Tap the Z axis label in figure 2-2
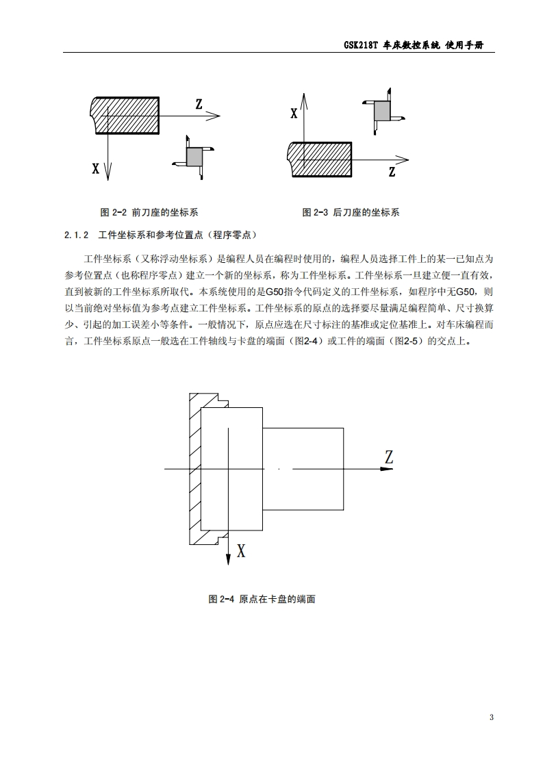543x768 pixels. [199, 104]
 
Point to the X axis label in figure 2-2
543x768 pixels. [96, 168]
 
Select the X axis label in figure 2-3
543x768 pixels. [294, 114]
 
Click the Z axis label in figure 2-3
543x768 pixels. [392, 172]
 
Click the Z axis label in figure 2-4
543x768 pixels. [388, 459]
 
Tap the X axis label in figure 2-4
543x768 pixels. [240, 550]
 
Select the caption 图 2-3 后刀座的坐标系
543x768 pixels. [351, 212]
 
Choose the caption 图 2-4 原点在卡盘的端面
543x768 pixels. [262, 599]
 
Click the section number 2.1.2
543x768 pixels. [77, 235]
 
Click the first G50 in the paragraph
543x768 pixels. [275, 290]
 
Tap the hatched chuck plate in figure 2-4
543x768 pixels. [194, 469]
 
